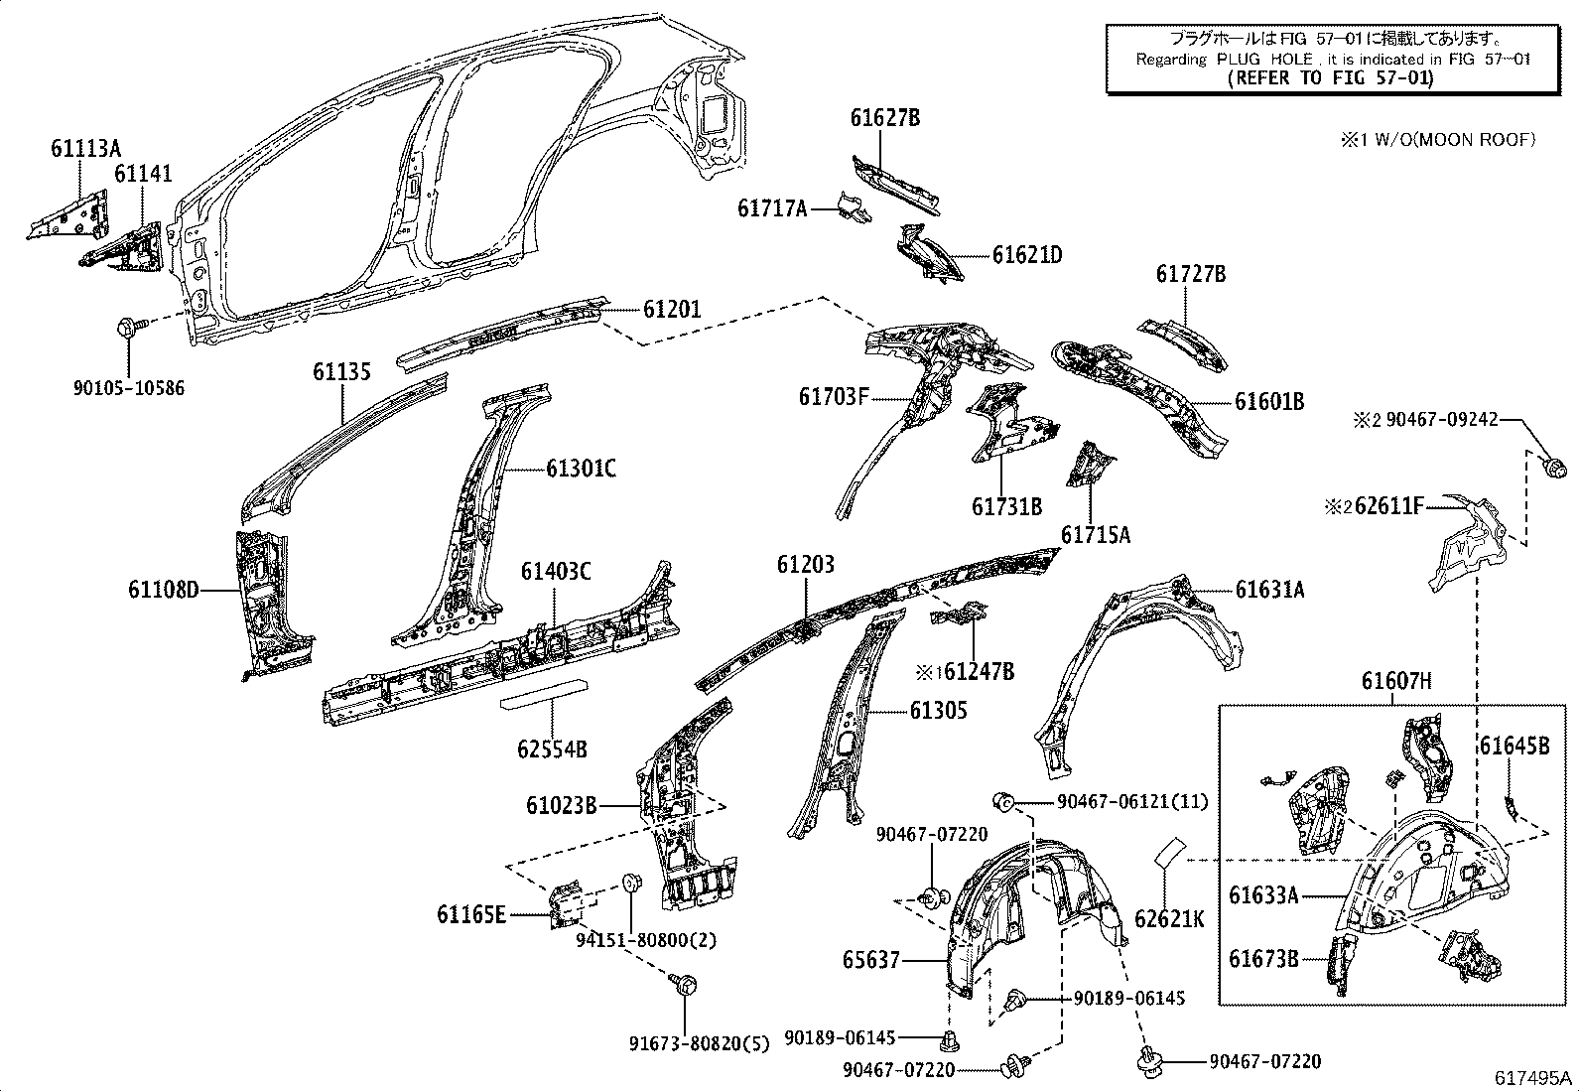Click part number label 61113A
click(x=85, y=149)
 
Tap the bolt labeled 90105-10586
click(x=131, y=328)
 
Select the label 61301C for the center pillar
click(x=581, y=468)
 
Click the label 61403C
click(x=556, y=571)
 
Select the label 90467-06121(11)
click(x=1132, y=801)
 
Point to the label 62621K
click(x=1168, y=920)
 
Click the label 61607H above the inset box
click(x=1396, y=681)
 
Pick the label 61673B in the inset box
click(x=1263, y=959)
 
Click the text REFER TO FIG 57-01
click(x=1330, y=79)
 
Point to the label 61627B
click(x=884, y=118)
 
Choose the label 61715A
click(x=1096, y=536)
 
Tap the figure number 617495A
click(x=1535, y=1077)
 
